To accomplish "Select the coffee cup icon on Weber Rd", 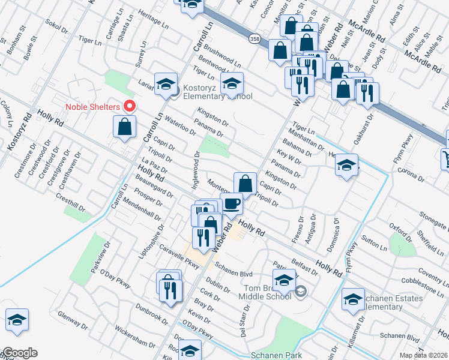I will point(232,203).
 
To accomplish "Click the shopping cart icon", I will point(447,158).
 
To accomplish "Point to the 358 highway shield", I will point(255,38).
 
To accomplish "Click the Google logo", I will point(19,353).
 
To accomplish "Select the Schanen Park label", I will point(277,355).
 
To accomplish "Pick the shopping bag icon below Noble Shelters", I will point(124,127).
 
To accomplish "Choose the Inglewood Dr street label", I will point(196,170).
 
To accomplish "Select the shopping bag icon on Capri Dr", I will point(245,182).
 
